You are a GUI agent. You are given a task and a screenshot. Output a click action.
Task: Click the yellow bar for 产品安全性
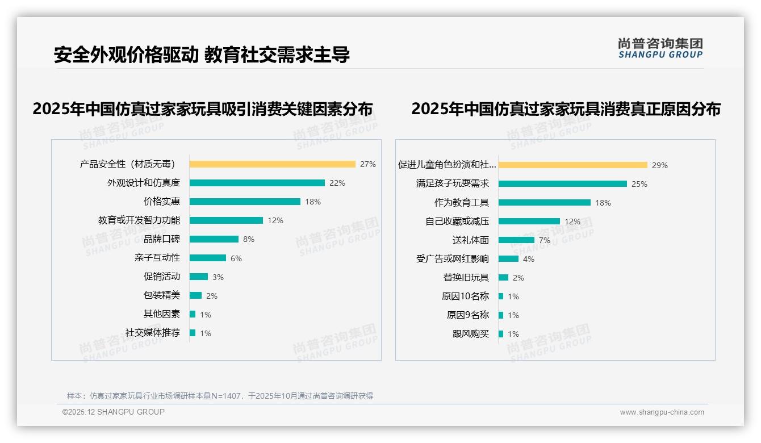click(x=272, y=164)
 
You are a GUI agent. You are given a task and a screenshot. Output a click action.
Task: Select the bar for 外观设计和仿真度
click(x=257, y=183)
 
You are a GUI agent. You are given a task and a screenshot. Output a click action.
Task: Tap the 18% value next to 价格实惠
click(x=313, y=202)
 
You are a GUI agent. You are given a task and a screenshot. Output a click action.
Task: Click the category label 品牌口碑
click(x=162, y=239)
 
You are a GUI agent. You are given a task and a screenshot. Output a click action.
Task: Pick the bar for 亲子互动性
click(x=208, y=258)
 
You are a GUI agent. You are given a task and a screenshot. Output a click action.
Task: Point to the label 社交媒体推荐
click(x=153, y=333)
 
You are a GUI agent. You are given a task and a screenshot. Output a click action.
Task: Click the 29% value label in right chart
click(x=659, y=165)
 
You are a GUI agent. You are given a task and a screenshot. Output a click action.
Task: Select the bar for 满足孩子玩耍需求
click(x=562, y=183)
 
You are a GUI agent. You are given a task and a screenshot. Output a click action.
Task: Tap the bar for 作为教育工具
click(x=544, y=202)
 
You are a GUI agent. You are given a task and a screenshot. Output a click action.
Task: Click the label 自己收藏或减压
click(x=457, y=221)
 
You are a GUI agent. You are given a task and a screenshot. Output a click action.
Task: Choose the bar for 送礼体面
click(x=516, y=240)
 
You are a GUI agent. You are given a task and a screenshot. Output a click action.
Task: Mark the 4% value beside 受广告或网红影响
click(x=528, y=259)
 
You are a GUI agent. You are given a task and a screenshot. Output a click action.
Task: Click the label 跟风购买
click(x=471, y=334)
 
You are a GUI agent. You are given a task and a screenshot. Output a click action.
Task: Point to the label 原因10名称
click(x=465, y=296)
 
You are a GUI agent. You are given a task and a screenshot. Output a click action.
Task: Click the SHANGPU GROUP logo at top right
click(x=660, y=48)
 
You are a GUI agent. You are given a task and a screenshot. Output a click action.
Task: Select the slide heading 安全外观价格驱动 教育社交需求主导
click(x=202, y=55)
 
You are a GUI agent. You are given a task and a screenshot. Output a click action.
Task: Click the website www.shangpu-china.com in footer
click(x=662, y=412)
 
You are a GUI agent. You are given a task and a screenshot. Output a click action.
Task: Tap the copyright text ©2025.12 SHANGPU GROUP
click(x=114, y=412)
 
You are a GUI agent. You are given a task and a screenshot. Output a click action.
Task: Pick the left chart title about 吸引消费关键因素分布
click(x=203, y=108)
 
